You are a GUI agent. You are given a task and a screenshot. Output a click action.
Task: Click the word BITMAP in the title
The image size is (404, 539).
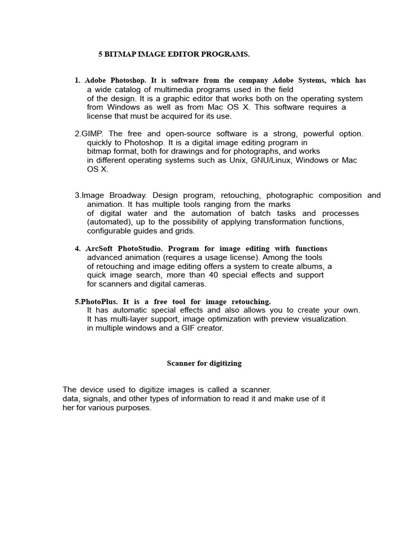(x=119, y=54)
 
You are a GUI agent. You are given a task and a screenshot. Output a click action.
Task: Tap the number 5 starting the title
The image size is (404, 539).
(x=100, y=54)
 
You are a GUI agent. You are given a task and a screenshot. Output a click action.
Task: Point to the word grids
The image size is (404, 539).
(x=184, y=231)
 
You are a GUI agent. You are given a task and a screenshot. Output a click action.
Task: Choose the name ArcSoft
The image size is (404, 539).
(x=100, y=248)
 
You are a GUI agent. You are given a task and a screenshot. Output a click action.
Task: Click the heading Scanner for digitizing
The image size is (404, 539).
(x=204, y=363)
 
